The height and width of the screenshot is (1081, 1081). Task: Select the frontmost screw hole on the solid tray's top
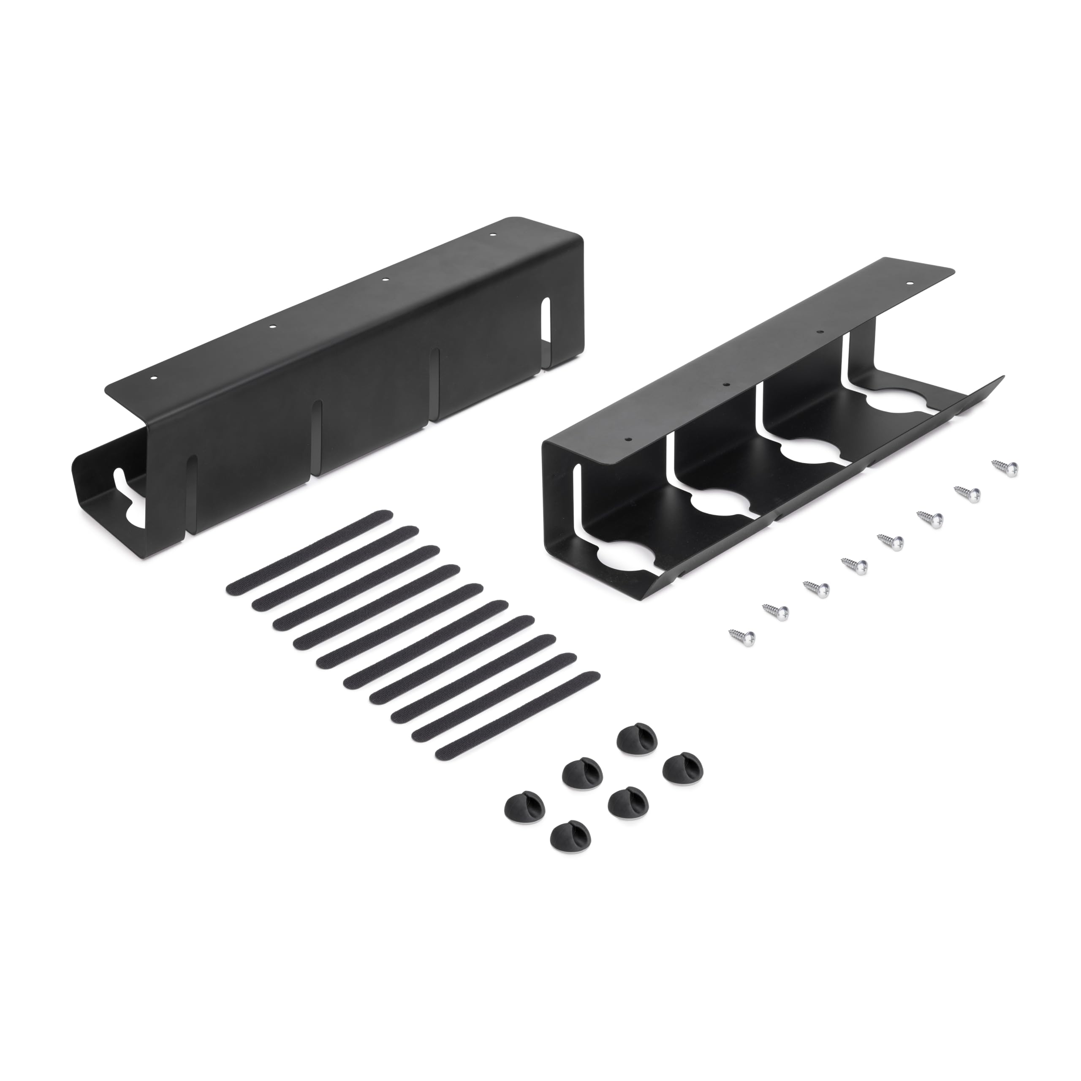coord(155,379)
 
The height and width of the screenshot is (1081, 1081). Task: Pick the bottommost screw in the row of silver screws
coord(742,635)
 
